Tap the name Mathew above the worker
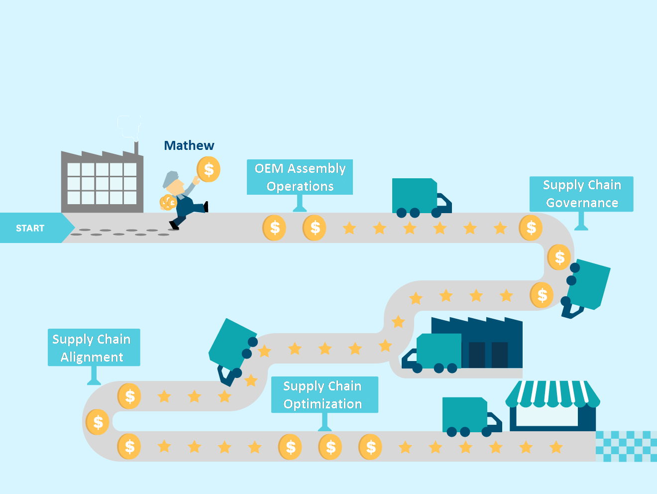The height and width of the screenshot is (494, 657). [x=189, y=145]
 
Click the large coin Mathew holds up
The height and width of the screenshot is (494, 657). [x=209, y=169]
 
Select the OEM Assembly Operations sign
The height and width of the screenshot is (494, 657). [x=300, y=177]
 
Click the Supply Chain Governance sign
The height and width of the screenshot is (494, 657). [x=581, y=194]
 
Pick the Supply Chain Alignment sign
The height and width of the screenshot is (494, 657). [x=94, y=348]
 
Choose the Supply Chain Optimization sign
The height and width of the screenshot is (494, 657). [x=325, y=395]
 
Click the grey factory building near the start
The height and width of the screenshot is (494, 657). [x=102, y=183]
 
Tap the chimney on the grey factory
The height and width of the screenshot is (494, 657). [x=136, y=148]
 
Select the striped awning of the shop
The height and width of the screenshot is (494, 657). [x=552, y=393]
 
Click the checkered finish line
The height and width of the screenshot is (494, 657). [x=626, y=446]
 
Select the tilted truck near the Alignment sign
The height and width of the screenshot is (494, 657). [x=232, y=349]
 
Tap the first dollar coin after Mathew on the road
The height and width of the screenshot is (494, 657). [x=274, y=228]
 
